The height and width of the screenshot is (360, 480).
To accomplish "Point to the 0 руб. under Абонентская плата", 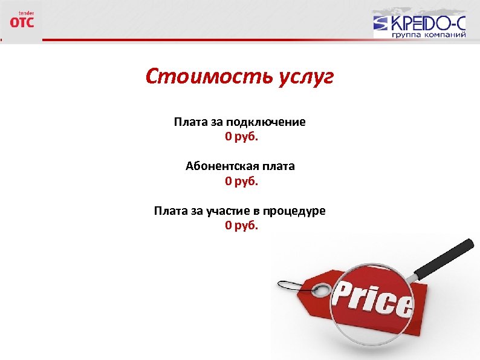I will (241, 180).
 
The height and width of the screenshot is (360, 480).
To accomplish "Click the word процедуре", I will (296, 211).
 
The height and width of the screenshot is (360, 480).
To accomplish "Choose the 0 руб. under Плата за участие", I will (241, 226).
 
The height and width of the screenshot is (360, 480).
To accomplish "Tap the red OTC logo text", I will (22, 22).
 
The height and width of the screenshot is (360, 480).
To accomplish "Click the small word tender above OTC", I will (26, 12).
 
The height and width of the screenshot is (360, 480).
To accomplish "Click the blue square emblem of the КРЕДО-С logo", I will (382, 24).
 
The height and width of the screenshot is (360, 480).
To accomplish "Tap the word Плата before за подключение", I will (190, 122).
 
